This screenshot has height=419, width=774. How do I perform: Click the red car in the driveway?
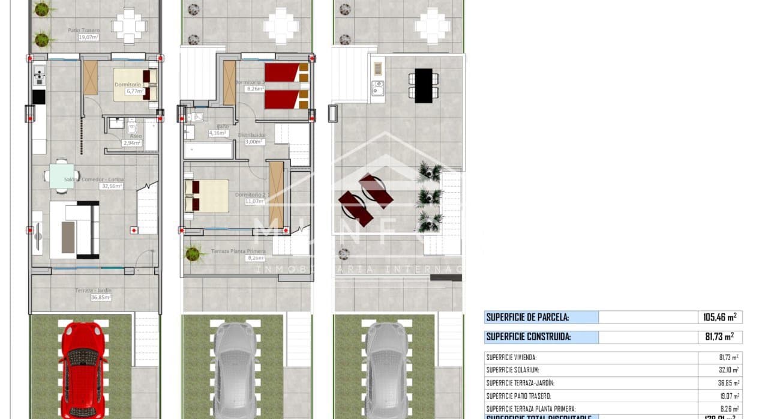(x=83, y=369)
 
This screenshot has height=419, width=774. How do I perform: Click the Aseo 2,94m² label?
(x=131, y=140)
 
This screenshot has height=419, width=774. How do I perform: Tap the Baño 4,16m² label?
(x=219, y=130)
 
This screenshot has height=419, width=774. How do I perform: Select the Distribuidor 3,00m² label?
(x=251, y=139)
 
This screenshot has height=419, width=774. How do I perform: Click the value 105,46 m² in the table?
(x=719, y=317)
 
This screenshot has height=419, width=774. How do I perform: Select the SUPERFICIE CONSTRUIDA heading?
(x=528, y=337)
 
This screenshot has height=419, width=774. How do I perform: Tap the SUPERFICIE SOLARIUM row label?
(x=512, y=370)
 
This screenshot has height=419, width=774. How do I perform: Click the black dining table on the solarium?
(x=424, y=85)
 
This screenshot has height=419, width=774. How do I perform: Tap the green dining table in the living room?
(x=62, y=176)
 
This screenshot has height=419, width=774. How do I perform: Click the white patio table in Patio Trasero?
(x=129, y=26)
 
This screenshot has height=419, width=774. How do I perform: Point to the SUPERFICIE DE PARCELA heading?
(x=527, y=317)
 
